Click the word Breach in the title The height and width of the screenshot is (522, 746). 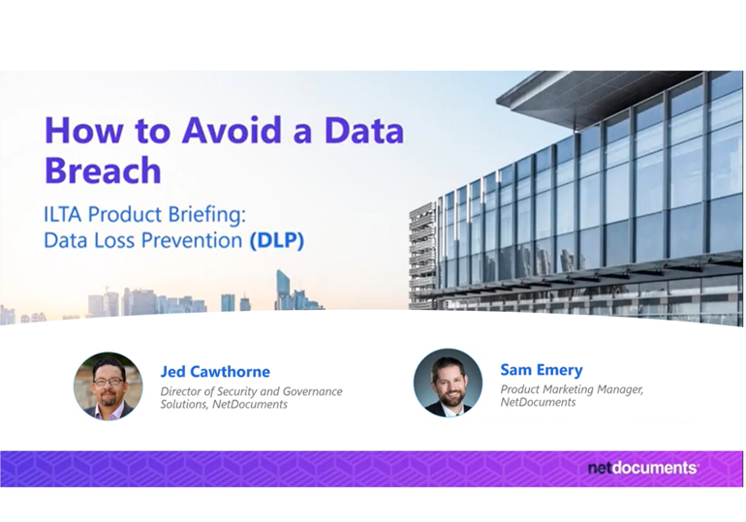click(103, 169)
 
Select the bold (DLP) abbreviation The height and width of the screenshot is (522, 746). click(277, 240)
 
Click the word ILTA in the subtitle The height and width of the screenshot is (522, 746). click(63, 214)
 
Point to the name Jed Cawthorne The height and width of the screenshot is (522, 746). click(215, 371)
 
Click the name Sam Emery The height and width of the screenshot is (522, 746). click(542, 369)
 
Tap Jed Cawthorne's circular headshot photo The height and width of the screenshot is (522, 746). click(108, 386)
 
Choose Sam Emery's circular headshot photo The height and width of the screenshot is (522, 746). click(448, 384)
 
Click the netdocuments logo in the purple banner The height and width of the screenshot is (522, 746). click(642, 468)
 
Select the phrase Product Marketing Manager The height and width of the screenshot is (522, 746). click(572, 389)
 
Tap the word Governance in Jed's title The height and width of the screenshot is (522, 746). click(313, 391)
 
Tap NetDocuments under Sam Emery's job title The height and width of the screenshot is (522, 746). click(538, 402)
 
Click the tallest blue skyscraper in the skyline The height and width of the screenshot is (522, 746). click(283, 290)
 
